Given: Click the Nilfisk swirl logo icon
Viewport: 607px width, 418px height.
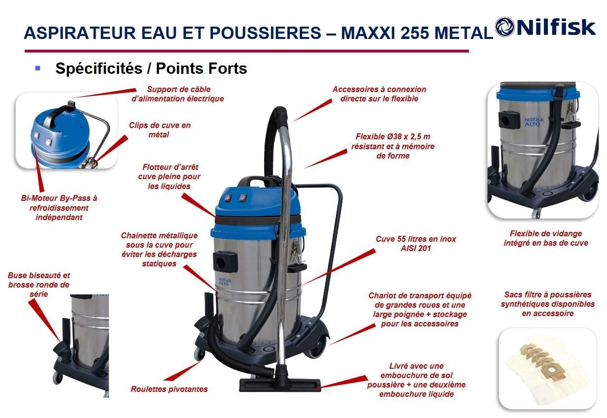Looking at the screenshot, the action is click(x=505, y=27).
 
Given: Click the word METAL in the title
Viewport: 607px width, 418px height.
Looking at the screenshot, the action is click(x=463, y=33).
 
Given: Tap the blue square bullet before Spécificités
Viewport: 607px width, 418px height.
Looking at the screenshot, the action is click(x=37, y=68).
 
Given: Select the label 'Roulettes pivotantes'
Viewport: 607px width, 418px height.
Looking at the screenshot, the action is click(x=169, y=389).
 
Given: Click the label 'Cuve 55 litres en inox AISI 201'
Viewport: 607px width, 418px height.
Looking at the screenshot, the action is click(x=416, y=243).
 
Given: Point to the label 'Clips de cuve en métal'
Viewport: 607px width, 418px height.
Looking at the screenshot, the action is click(x=160, y=129).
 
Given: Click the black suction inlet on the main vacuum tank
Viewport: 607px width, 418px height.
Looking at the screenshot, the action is click(x=225, y=261).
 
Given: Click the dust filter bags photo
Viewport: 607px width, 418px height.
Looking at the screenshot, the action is click(x=547, y=368).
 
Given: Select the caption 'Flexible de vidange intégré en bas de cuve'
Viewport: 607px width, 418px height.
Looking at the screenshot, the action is click(x=546, y=238).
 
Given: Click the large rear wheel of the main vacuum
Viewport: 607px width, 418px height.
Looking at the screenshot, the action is click(x=315, y=347).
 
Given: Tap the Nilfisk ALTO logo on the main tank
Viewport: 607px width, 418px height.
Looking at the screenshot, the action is click(x=225, y=282).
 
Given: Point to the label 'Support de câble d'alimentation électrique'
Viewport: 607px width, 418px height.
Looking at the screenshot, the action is click(x=178, y=94).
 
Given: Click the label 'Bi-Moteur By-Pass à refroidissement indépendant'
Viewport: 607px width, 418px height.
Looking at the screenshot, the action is click(x=59, y=208).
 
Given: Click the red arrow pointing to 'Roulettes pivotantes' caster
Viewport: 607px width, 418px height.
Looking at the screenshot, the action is click(x=182, y=371).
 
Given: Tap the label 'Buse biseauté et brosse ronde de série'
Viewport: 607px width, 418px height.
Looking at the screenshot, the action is click(x=39, y=285).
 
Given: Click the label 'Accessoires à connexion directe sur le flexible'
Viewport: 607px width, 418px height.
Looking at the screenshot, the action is click(x=379, y=94).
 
